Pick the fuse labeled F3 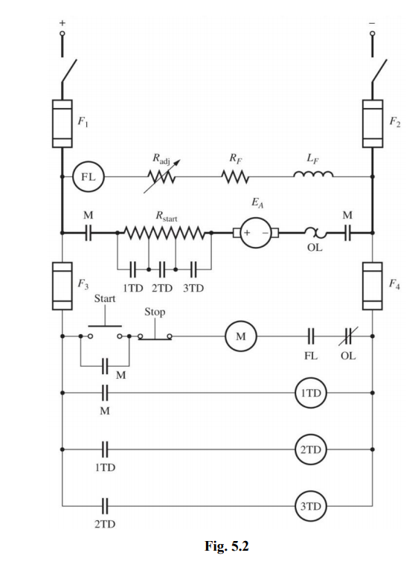click(x=62, y=286)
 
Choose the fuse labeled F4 click(x=372, y=286)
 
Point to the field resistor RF click(x=235, y=177)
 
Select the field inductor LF click(x=312, y=176)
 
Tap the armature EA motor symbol click(x=254, y=233)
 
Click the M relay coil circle click(x=240, y=336)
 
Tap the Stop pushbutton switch click(x=155, y=334)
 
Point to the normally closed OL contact click(x=347, y=336)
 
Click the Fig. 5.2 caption click(x=226, y=545)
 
